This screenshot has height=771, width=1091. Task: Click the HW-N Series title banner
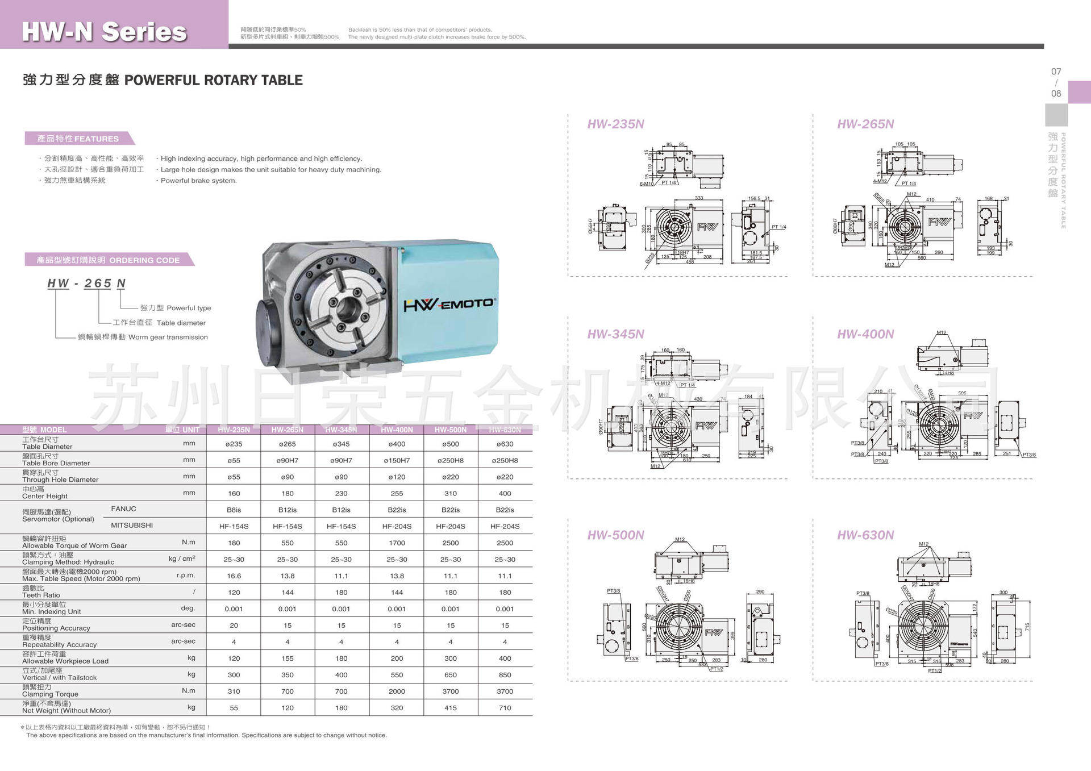[105, 31]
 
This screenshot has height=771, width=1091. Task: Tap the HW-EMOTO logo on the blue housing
[448, 305]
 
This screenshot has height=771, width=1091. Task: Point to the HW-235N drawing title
[615, 124]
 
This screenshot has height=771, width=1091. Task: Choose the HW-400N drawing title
[865, 334]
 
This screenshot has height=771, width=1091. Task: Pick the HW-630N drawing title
[865, 535]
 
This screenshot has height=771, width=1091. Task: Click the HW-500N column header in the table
[451, 430]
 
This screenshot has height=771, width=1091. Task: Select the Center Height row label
[45, 493]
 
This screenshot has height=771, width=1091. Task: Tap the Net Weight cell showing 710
[505, 708]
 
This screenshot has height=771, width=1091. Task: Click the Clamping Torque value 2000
[397, 691]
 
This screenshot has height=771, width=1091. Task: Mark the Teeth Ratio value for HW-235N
[234, 593]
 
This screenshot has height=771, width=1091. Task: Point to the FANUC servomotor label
[123, 509]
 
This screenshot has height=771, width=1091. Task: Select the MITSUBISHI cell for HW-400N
[397, 527]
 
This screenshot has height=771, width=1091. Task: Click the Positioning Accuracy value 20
[234, 626]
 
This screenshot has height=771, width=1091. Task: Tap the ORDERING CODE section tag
[108, 260]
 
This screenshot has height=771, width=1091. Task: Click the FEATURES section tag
[78, 139]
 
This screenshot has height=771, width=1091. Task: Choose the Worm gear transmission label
[143, 337]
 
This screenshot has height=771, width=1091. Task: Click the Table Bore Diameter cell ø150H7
[397, 461]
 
